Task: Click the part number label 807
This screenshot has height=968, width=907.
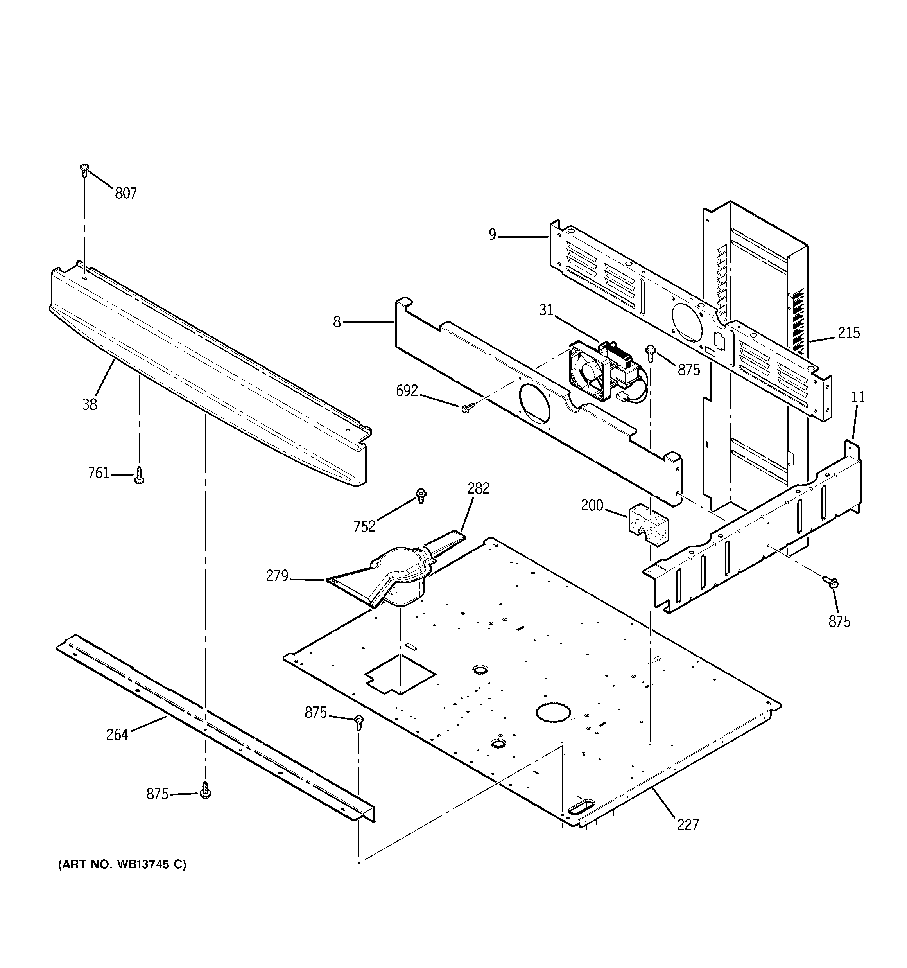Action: pos(125,194)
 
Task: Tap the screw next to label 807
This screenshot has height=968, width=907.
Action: pos(84,169)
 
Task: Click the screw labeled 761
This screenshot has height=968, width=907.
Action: pos(139,475)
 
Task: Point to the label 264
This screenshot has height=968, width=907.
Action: pos(117,734)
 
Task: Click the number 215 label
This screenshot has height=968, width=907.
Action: pos(849,333)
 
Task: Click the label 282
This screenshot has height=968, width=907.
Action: pos(478,488)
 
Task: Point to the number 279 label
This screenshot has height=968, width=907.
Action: pos(277,576)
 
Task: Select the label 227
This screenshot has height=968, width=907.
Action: pos(687,825)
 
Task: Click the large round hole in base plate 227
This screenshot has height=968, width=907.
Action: pos(552,712)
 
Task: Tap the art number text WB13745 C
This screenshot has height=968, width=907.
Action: pos(122,864)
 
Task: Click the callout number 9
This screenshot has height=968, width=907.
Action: pos(492,235)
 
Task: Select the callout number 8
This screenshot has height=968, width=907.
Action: pos(337,322)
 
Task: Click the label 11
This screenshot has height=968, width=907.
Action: pos(858,397)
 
